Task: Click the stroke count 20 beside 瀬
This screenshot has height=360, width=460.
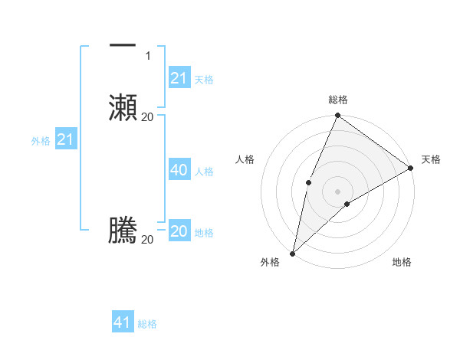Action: click(x=147, y=116)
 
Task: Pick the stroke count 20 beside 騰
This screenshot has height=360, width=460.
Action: click(x=147, y=240)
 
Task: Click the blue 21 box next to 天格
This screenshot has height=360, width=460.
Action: click(x=179, y=78)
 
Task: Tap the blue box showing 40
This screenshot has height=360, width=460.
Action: click(x=179, y=170)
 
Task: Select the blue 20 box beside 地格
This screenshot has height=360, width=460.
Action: click(x=179, y=231)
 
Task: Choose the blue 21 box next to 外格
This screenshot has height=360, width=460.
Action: click(x=65, y=139)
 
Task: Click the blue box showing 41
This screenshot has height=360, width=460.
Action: click(x=123, y=322)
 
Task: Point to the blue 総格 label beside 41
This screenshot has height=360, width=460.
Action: click(x=147, y=324)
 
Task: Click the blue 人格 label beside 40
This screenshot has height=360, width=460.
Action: click(x=204, y=172)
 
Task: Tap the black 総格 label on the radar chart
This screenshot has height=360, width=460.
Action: click(x=337, y=100)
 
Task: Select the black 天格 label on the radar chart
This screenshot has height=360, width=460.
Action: click(x=431, y=159)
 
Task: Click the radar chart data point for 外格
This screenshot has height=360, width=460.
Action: click(x=292, y=253)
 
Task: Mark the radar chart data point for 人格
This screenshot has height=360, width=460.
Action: click(x=308, y=182)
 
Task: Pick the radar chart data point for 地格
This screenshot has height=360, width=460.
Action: click(x=347, y=204)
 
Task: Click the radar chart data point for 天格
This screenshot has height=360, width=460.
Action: click(x=411, y=168)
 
